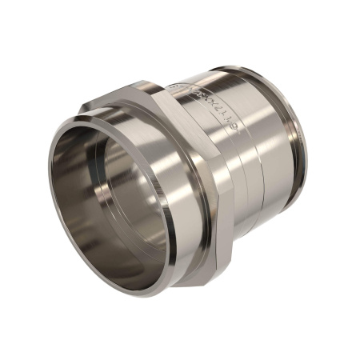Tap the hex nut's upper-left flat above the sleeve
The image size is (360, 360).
[x=104, y=104]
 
